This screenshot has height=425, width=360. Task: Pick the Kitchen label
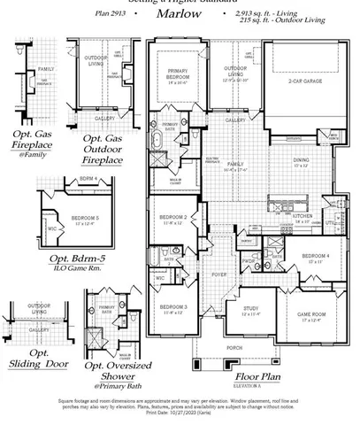click(x=303, y=216)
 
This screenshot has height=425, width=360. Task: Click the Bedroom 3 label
click(x=172, y=307)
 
